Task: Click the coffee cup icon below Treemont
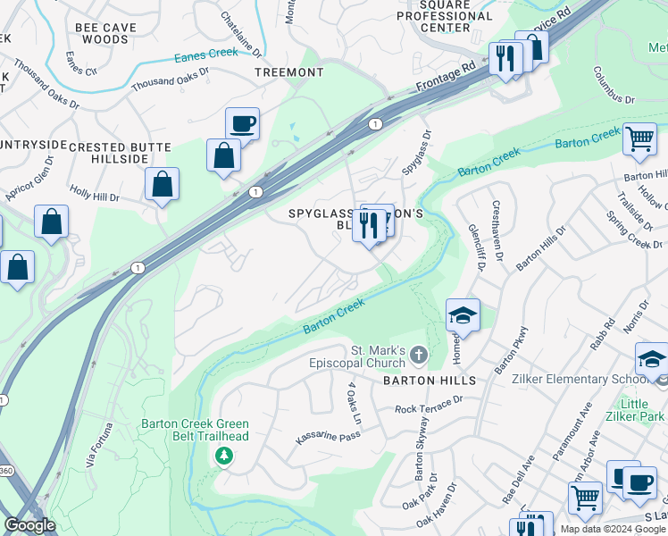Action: [x=242, y=123]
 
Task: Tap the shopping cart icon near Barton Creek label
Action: [x=639, y=139]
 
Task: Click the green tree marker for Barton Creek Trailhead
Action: [x=223, y=456]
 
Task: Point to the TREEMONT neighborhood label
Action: [x=288, y=71]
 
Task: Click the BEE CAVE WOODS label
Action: [x=105, y=34]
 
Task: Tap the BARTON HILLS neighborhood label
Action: [x=429, y=381]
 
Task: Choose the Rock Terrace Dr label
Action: [x=430, y=407]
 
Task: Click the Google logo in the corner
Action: [x=30, y=525]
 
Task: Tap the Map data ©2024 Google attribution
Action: [x=612, y=529]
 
